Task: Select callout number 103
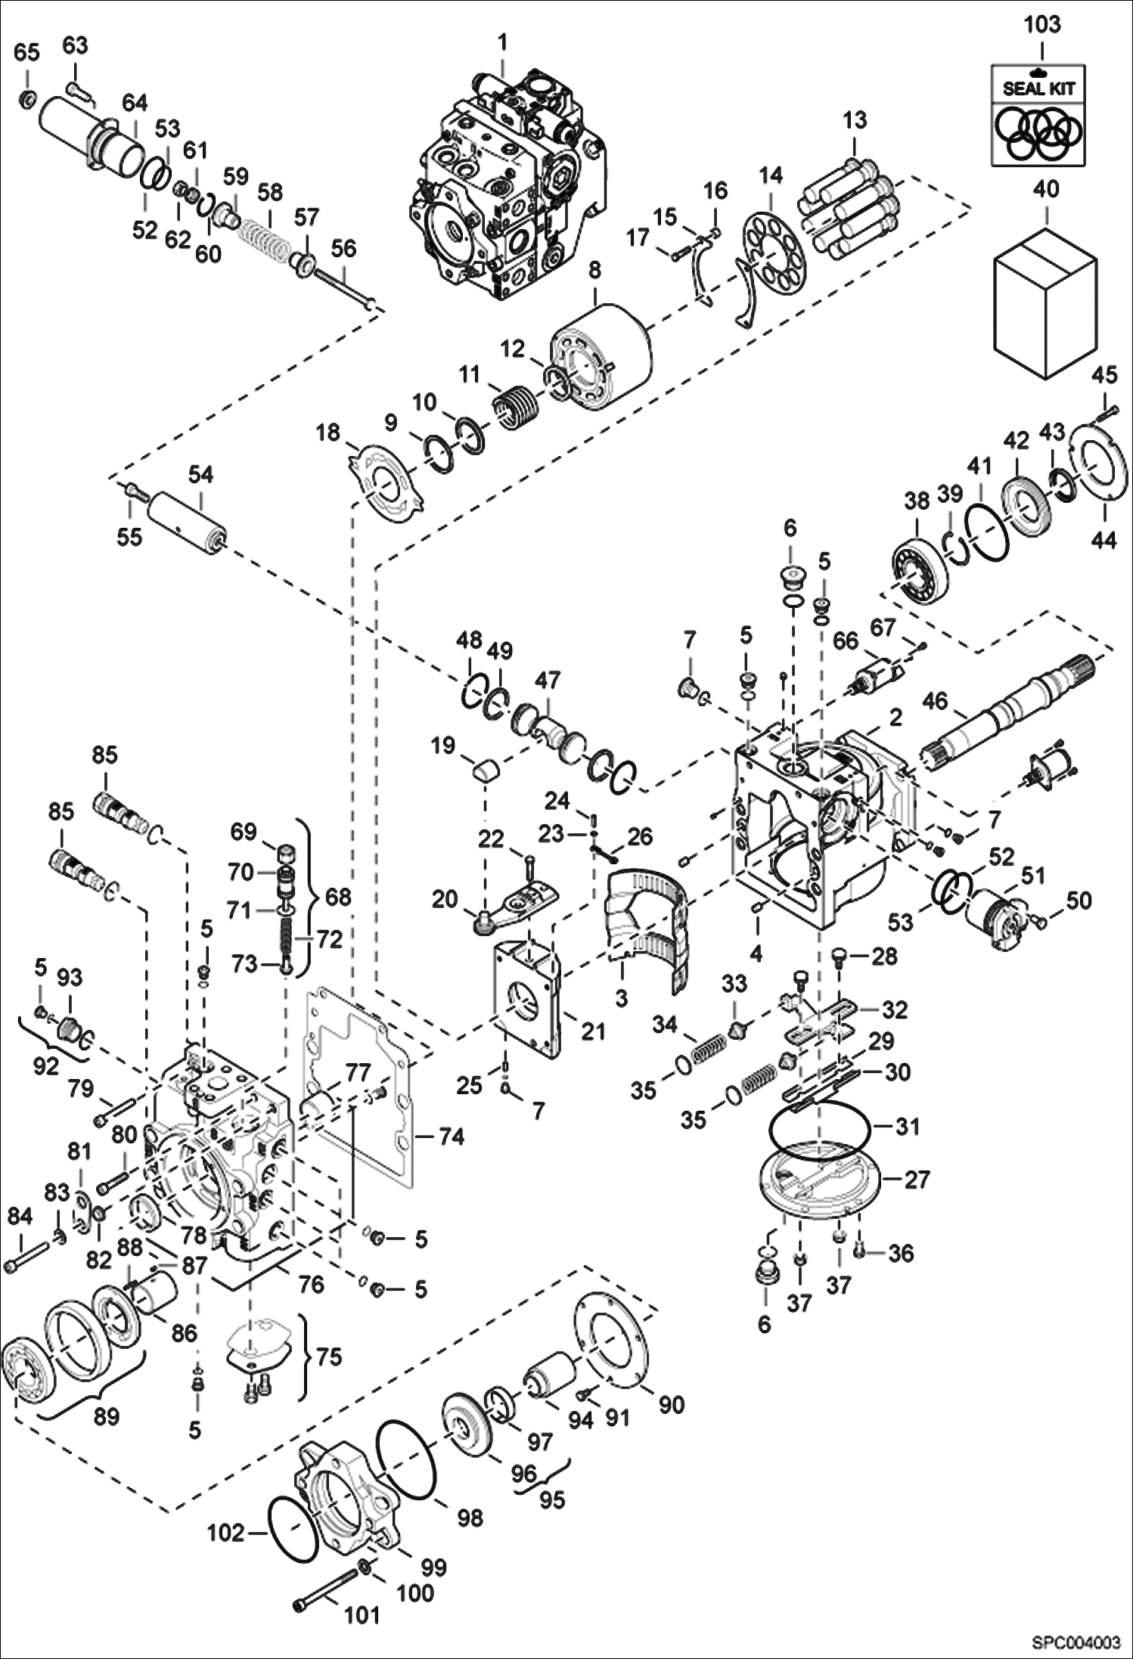(x=1042, y=25)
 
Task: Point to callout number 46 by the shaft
(x=935, y=701)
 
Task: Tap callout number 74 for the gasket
(x=452, y=1136)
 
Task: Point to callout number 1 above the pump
(x=503, y=41)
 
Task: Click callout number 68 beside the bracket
(x=337, y=897)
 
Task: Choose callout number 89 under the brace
(x=106, y=1416)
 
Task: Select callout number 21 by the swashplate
(x=593, y=1031)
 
